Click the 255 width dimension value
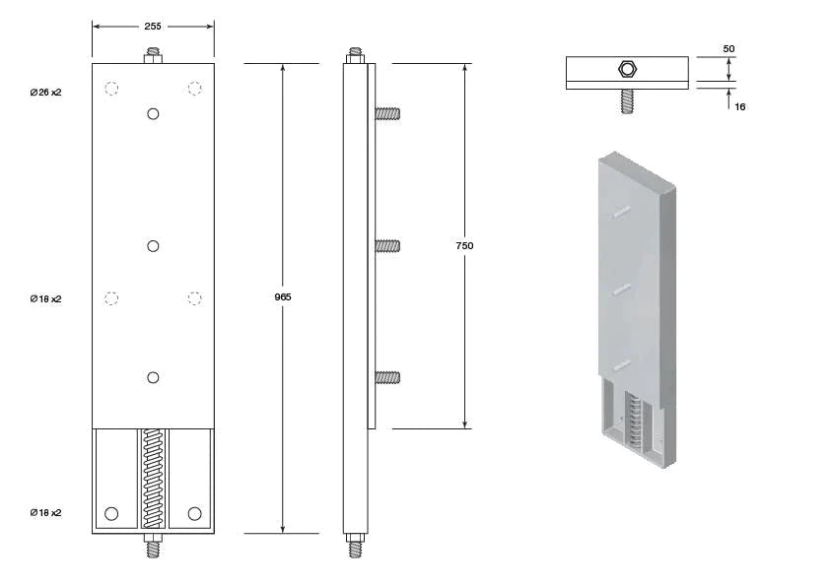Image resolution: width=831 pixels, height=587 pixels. pos(153,27)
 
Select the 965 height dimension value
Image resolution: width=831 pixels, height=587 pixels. pos(283,296)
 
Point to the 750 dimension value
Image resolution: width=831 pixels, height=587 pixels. pos(465,245)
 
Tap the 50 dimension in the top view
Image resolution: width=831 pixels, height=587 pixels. pos(728,48)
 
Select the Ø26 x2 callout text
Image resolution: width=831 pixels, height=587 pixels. pos(45,92)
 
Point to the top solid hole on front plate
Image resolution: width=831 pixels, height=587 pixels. pos(153,114)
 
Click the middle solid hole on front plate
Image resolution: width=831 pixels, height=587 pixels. pos(153,245)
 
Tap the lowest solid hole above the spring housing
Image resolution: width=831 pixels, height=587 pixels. pos(153,376)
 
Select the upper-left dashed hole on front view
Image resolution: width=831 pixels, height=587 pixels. pos(111,89)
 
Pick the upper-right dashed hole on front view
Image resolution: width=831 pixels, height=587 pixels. pos(195,89)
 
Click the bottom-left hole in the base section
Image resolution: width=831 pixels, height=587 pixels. pos(111,513)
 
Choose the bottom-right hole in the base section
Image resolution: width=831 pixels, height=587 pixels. pos(194,513)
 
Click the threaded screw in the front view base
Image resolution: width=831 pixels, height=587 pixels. pos(153,479)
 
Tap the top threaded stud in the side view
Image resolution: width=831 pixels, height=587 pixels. pos(355,54)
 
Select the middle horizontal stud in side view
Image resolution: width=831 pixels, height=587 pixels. pos(386,245)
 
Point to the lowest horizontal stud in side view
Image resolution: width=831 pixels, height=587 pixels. pos(386,376)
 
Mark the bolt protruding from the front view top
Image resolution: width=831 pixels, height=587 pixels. pos(153,55)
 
